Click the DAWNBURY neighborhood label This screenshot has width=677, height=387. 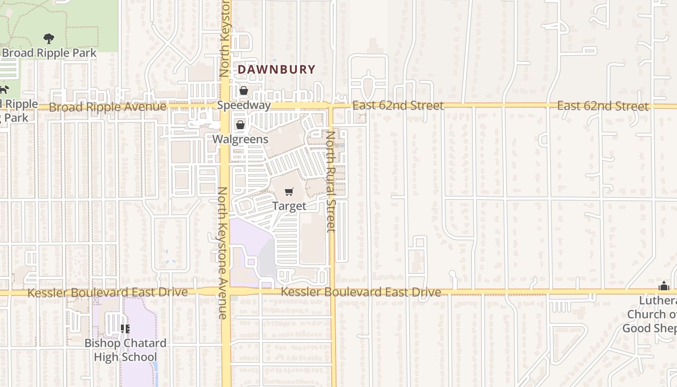276,70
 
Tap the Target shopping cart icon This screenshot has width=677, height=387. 289,192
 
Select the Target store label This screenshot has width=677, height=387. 289,206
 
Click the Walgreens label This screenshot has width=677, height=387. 240,139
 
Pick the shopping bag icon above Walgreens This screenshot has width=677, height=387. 240,125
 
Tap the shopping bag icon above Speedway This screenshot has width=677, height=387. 243,90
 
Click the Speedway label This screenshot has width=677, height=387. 244,105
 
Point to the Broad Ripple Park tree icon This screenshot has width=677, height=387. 48,39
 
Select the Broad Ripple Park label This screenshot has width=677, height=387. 49,53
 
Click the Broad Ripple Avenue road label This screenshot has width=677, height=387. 107,107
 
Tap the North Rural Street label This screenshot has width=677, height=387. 331,181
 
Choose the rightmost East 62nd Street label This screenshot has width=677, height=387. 603,106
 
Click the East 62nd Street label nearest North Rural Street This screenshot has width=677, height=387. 397,105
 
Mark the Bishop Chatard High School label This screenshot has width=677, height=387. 125,350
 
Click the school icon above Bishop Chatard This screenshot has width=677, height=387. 125,329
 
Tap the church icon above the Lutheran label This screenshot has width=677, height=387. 664,286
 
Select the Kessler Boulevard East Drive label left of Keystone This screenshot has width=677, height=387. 107,293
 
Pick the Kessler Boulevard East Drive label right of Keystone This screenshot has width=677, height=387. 361,292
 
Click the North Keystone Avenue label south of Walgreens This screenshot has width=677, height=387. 222,253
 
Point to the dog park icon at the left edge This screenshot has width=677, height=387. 4,89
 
